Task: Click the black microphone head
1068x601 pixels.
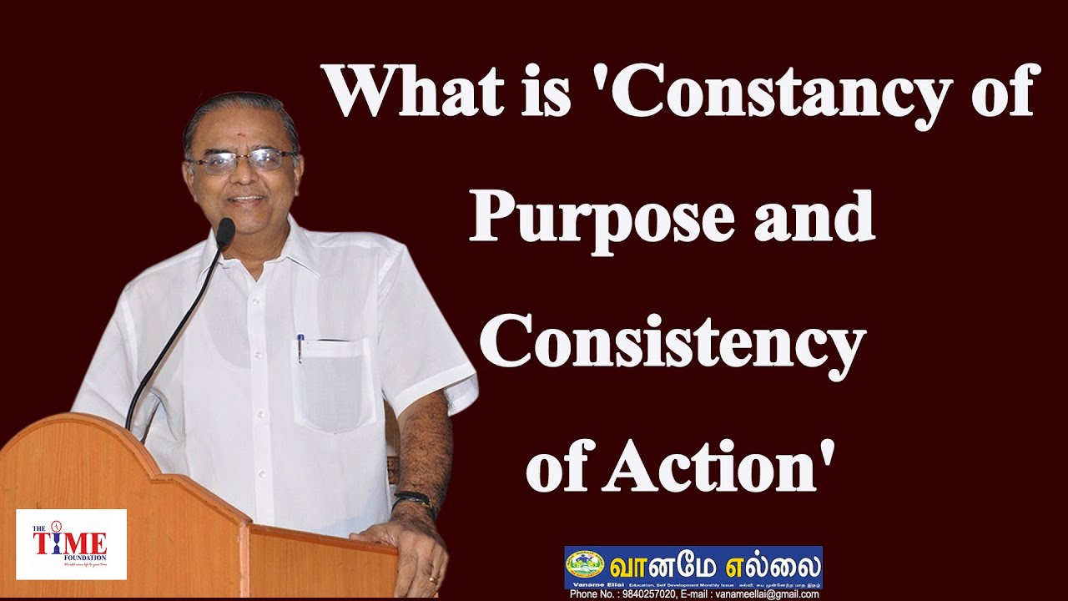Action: (225, 232)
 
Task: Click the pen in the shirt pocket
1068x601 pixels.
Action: (300, 347)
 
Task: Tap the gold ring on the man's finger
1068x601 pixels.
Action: (433, 578)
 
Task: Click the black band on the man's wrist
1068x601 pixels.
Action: (415, 499)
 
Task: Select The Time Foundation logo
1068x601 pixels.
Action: (71, 544)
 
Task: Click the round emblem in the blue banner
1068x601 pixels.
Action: (585, 564)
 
